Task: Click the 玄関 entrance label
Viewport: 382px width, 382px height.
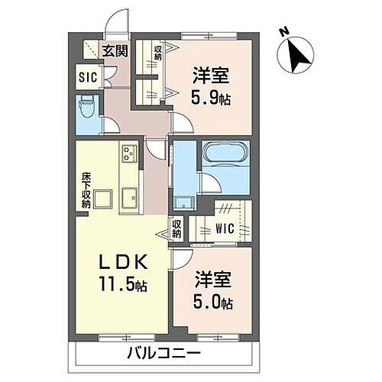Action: [x=115, y=51]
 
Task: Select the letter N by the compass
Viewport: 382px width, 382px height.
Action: [x=283, y=32]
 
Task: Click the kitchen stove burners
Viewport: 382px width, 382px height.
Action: [x=128, y=155]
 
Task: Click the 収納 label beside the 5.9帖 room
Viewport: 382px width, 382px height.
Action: [x=157, y=53]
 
